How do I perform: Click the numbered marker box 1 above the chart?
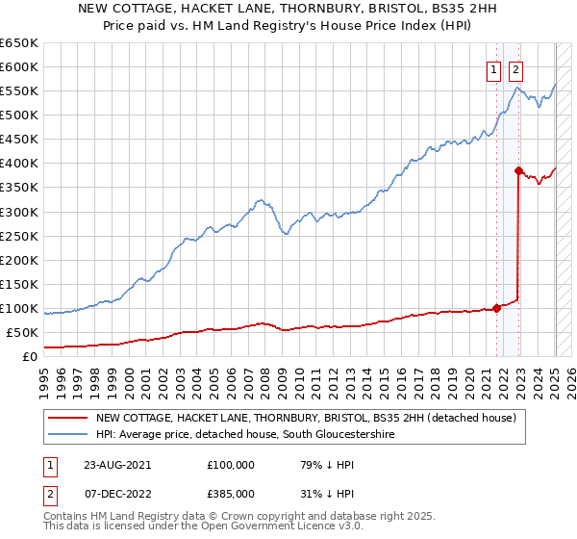tap(493, 68)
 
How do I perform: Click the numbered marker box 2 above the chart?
tap(515, 68)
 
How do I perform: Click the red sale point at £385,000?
tap(518, 170)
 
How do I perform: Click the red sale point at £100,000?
tap(497, 308)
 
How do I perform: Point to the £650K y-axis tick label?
tap(19, 43)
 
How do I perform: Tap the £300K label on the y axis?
tap(19, 212)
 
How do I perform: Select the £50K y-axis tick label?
tap(23, 332)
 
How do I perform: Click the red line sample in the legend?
tap(68, 418)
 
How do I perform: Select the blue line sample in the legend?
tap(68, 435)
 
